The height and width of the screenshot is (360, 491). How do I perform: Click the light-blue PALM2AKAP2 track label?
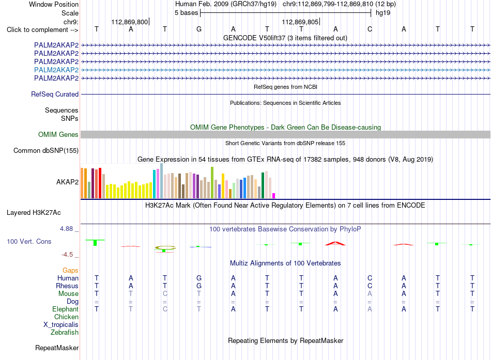(56, 70)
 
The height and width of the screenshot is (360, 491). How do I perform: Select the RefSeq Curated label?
(55, 94)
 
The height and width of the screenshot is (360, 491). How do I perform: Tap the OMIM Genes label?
(58, 135)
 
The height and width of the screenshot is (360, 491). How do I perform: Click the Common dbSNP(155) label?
(46, 151)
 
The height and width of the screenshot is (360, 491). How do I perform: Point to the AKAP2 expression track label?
(67, 182)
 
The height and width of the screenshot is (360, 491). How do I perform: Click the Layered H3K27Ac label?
(34, 213)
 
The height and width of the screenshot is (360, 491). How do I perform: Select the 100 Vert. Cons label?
(29, 241)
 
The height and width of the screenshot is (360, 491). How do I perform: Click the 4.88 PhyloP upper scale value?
(66, 229)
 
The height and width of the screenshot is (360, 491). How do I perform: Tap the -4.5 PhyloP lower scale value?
(67, 255)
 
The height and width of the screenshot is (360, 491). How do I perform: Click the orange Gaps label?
(70, 270)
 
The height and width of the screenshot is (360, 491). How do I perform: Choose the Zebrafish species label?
(65, 333)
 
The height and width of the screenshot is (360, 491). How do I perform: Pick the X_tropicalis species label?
(61, 325)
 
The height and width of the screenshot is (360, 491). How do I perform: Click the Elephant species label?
(66, 309)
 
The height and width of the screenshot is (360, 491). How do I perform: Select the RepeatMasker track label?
(57, 348)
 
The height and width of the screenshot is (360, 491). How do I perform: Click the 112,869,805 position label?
(300, 22)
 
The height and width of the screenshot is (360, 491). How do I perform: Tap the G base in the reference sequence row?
(199, 29)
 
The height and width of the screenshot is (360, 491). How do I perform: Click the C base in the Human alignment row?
(370, 278)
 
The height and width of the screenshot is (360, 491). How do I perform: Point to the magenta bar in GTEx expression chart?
(274, 196)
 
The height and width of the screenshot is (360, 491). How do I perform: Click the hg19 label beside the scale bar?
(383, 13)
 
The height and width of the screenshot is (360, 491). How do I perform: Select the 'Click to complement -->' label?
(42, 30)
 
